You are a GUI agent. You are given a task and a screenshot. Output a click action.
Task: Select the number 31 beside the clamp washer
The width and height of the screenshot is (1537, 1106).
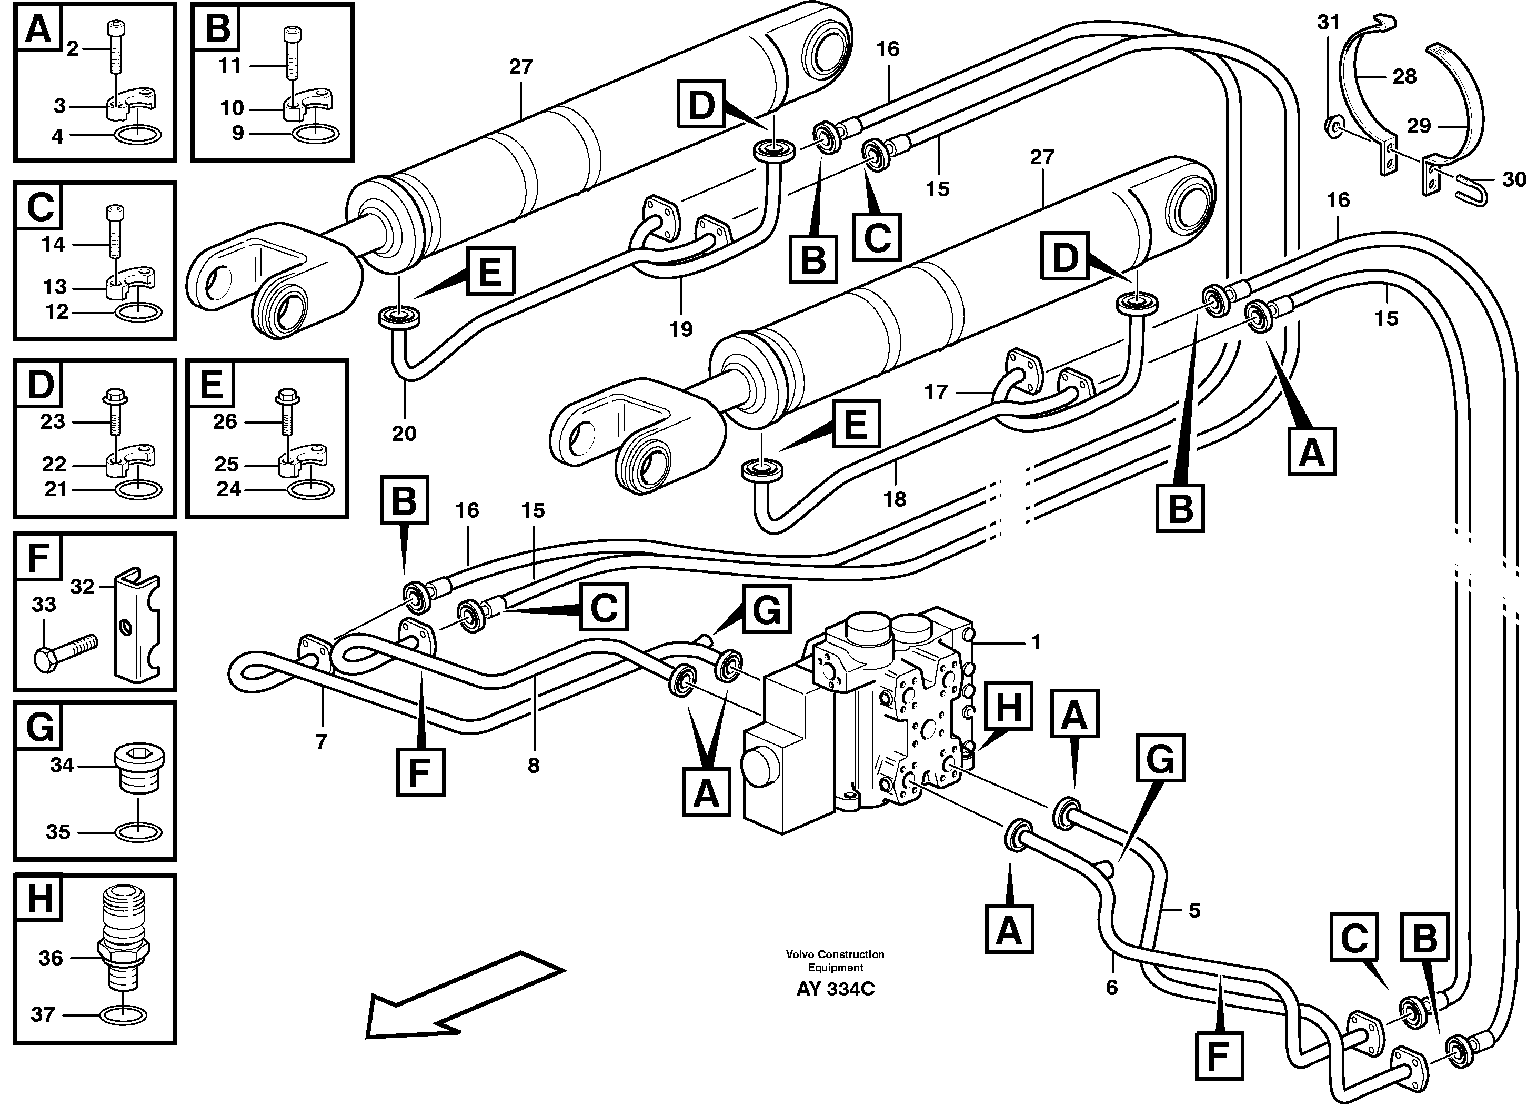[x=1328, y=23]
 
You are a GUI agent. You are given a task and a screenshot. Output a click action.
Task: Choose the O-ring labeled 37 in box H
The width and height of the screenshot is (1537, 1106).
[x=123, y=1014]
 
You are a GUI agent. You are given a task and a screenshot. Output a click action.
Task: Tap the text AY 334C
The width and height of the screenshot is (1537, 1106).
[x=835, y=989]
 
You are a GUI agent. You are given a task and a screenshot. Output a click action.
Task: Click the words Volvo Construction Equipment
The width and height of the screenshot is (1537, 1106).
[x=835, y=960]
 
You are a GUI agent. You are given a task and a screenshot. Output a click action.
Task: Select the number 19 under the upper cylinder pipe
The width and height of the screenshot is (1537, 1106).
[x=680, y=329]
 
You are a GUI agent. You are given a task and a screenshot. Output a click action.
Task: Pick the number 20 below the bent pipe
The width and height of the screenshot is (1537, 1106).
[x=404, y=433]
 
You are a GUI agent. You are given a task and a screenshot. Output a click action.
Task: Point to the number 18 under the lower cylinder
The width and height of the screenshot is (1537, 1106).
[x=895, y=499]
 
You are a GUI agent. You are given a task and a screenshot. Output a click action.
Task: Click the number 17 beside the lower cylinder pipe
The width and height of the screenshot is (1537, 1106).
[x=936, y=393]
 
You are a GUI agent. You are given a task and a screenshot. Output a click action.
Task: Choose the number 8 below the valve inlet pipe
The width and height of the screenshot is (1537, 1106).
[x=534, y=765]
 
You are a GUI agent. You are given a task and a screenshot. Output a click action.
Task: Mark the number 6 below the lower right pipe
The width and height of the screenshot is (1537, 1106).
[x=1111, y=988]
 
